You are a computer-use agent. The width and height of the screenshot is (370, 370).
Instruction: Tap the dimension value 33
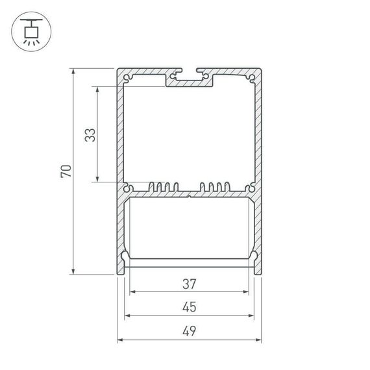(x=90, y=134)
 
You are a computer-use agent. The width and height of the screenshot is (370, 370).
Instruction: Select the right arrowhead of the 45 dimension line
(x=252, y=316)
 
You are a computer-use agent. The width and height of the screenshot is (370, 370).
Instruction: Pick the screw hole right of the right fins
(x=250, y=189)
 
